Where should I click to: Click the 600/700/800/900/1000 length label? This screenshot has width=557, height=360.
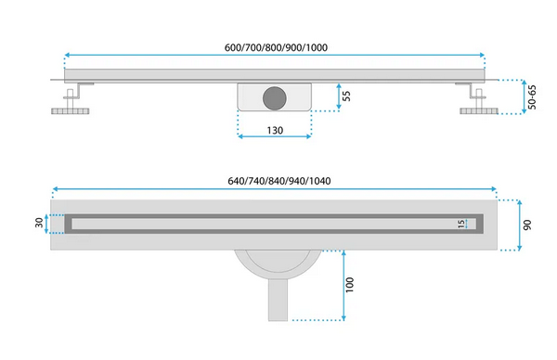point(276,47)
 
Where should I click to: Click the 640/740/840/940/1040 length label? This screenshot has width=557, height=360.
point(279,181)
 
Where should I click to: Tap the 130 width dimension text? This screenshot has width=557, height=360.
point(275,130)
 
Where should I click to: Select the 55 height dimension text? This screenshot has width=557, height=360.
point(346,96)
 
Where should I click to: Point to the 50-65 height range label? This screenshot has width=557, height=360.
point(532,96)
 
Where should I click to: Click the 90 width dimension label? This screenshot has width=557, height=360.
point(527,225)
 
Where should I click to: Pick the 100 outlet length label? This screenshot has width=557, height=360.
point(350,285)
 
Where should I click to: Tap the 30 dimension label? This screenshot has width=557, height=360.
point(39,223)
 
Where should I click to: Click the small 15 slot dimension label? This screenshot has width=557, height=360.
point(461,224)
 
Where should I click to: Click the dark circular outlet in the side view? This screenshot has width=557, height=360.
point(275,98)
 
